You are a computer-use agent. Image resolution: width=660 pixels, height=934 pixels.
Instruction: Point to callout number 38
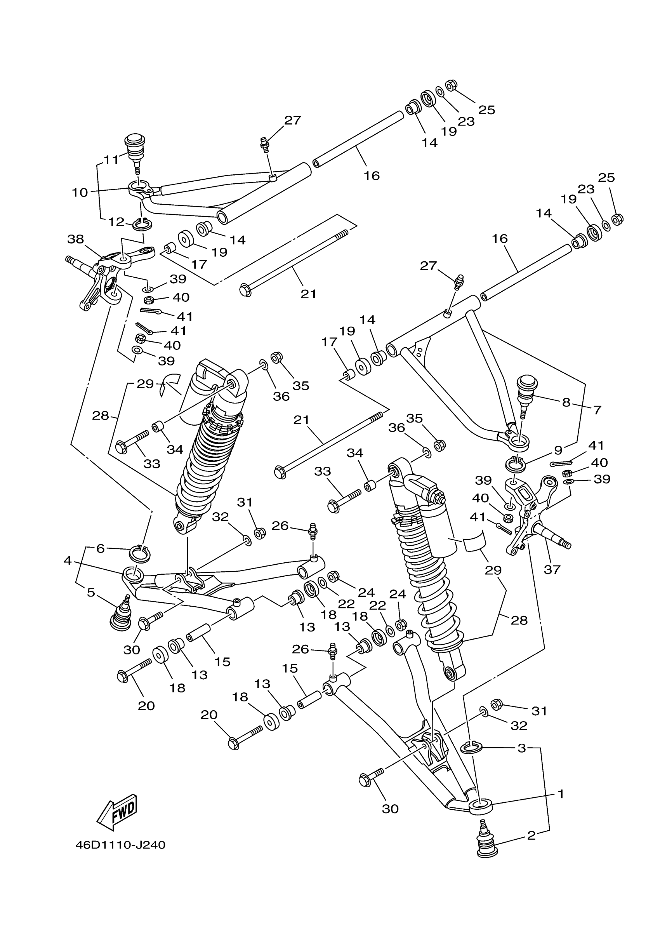76,239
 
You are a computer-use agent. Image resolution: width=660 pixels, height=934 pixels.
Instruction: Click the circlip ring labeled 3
471,747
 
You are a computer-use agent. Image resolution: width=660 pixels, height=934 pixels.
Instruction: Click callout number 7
597,410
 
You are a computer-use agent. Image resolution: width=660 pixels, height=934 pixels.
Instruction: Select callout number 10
80,192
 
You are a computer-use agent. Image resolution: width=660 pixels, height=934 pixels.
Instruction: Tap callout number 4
68,560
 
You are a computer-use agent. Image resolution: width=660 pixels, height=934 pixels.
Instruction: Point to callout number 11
111,160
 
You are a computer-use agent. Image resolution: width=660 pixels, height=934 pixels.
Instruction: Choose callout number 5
91,593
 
